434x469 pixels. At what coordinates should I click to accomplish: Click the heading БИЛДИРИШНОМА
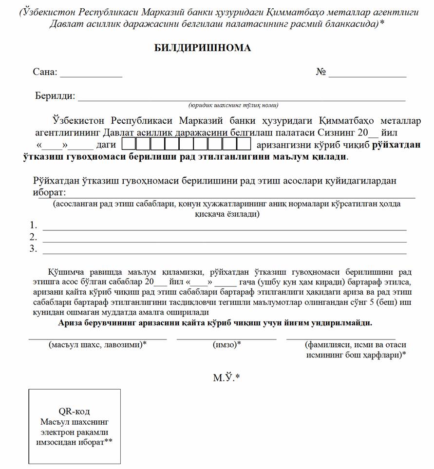[203, 48]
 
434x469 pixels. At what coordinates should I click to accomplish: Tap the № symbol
[321, 72]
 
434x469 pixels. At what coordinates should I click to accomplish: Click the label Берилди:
[55, 96]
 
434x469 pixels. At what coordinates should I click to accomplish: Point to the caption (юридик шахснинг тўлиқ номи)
[233, 105]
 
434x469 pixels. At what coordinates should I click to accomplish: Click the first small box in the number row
[129, 144]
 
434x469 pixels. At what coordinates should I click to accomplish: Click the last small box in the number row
[244, 144]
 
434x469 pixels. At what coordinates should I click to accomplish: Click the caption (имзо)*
[227, 345]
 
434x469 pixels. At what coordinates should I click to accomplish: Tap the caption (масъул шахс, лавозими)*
[98, 345]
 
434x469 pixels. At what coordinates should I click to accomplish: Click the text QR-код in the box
[74, 412]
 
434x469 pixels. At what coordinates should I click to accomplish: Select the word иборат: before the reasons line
[50, 191]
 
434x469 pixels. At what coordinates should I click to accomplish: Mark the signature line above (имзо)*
[226, 338]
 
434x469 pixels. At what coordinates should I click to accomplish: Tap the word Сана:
[45, 72]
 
